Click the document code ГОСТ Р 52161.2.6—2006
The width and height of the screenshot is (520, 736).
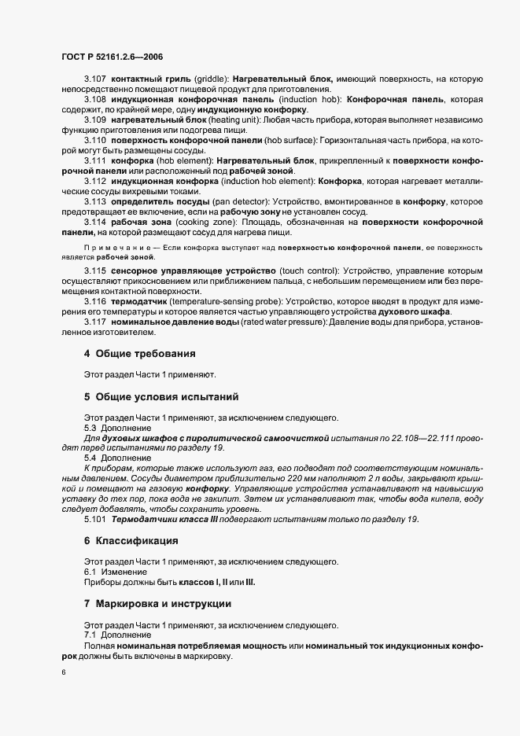tap(111, 57)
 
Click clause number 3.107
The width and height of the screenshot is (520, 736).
tap(95, 80)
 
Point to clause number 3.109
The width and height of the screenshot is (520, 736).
tap(95, 120)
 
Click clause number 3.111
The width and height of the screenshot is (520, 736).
tap(95, 160)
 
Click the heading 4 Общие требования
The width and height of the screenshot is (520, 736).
tap(140, 353)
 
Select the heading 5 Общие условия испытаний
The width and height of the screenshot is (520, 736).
tap(160, 396)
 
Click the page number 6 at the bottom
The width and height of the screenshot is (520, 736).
tap(62, 672)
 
